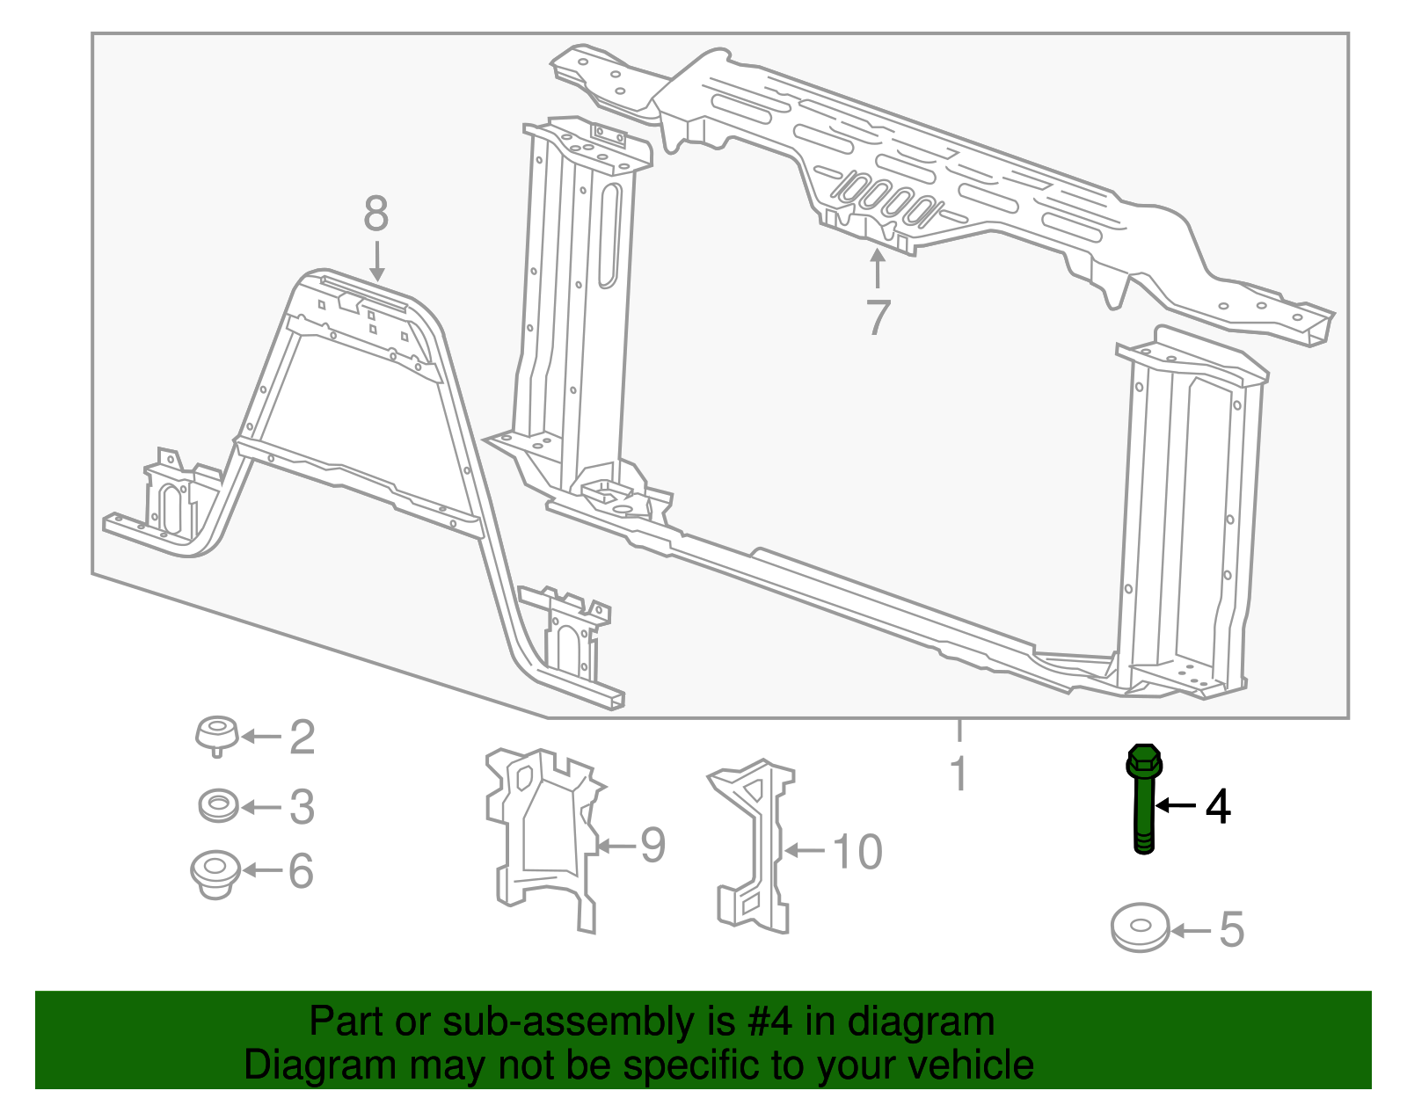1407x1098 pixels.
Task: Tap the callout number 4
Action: pyautogui.click(x=1218, y=806)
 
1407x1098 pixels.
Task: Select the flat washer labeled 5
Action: pyautogui.click(x=1140, y=927)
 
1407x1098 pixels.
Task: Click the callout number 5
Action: pyautogui.click(x=1231, y=929)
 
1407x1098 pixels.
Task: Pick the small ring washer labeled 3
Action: pyautogui.click(x=217, y=804)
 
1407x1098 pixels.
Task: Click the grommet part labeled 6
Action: pyautogui.click(x=215, y=872)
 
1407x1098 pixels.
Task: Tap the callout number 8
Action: pyautogui.click(x=375, y=213)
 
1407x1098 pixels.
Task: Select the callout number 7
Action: pyautogui.click(x=878, y=317)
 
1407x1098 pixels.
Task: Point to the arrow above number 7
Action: pyautogui.click(x=877, y=269)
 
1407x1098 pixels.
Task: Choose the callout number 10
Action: pyautogui.click(x=857, y=852)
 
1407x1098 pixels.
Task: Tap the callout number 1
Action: pyautogui.click(x=959, y=774)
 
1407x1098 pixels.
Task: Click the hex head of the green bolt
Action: pyautogui.click(x=1143, y=761)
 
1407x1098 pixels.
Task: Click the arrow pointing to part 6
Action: pyautogui.click(x=261, y=870)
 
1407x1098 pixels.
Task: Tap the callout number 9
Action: pyautogui.click(x=652, y=845)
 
